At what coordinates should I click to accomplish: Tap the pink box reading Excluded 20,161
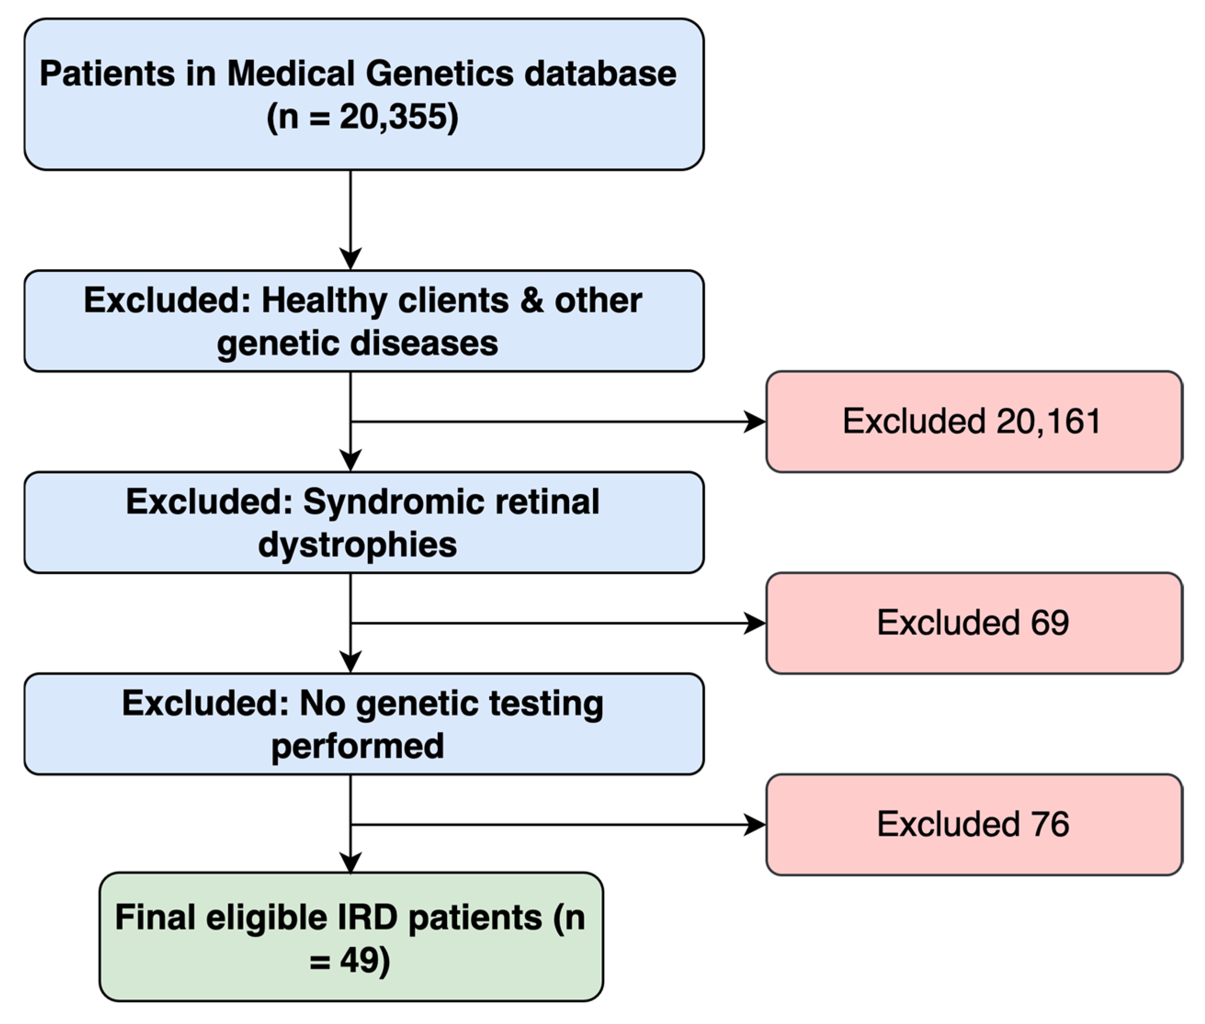click(973, 422)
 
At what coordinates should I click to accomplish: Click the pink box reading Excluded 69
click(973, 623)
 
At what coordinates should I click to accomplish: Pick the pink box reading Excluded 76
click(973, 824)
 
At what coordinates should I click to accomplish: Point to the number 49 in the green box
click(356, 960)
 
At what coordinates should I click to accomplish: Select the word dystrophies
click(357, 545)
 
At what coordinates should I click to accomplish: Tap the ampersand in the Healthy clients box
click(532, 301)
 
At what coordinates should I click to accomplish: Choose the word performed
click(357, 746)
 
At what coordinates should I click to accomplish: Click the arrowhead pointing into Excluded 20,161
click(755, 422)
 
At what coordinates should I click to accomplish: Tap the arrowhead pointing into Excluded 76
click(755, 824)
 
